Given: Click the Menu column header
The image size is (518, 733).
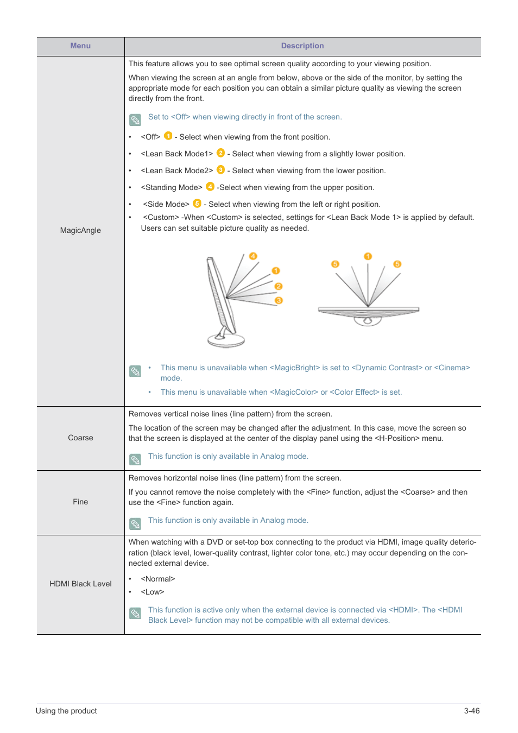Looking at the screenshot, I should (x=80, y=46).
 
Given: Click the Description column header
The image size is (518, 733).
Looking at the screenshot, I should (x=302, y=46).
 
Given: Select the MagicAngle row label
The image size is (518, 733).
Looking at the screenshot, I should (x=80, y=230).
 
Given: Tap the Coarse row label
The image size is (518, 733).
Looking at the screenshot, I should (x=80, y=438).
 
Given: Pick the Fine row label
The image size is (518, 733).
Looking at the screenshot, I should (x=80, y=502).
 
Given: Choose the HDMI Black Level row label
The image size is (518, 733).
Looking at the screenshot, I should (x=80, y=584).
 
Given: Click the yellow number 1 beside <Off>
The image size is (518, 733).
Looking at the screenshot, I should (x=168, y=136).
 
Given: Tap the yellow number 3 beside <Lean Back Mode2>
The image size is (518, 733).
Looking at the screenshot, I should (x=220, y=169).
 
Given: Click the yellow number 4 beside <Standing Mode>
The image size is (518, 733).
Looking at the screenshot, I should (x=210, y=187).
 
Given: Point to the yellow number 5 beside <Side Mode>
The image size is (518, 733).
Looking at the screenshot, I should (x=197, y=203).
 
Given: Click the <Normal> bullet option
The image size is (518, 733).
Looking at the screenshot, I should (x=158, y=579).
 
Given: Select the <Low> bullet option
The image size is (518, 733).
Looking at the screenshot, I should (x=153, y=592).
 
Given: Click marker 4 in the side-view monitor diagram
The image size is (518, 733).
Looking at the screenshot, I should (x=253, y=256).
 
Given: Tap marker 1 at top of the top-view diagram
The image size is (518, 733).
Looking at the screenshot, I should (x=368, y=256).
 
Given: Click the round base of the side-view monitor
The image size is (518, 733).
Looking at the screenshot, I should (x=226, y=340).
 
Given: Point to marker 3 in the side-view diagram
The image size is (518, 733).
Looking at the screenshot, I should (x=279, y=300).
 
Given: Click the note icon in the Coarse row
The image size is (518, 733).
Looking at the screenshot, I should (x=135, y=459).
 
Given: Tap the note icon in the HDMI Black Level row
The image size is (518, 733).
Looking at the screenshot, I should (x=135, y=613).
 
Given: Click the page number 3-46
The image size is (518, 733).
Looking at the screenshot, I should (x=471, y=711).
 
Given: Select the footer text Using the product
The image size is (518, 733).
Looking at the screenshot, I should (x=66, y=711).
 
